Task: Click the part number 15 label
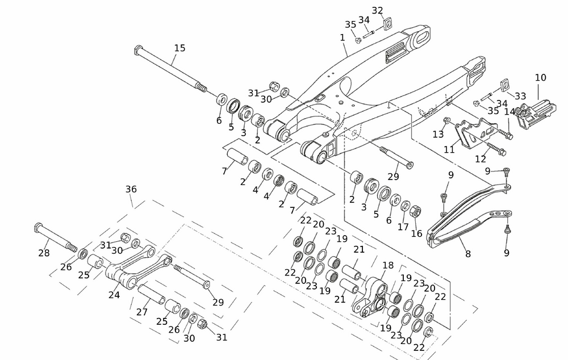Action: (x=179, y=48)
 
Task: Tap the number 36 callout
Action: (x=131, y=189)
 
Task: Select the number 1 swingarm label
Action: (x=343, y=37)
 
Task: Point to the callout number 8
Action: (x=468, y=254)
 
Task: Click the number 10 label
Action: (x=540, y=77)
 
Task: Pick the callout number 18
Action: (x=388, y=265)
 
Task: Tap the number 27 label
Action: (x=142, y=312)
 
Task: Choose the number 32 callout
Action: (x=378, y=11)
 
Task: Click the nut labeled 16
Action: (x=416, y=212)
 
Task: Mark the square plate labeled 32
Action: (x=389, y=24)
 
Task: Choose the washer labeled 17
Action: (x=406, y=205)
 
